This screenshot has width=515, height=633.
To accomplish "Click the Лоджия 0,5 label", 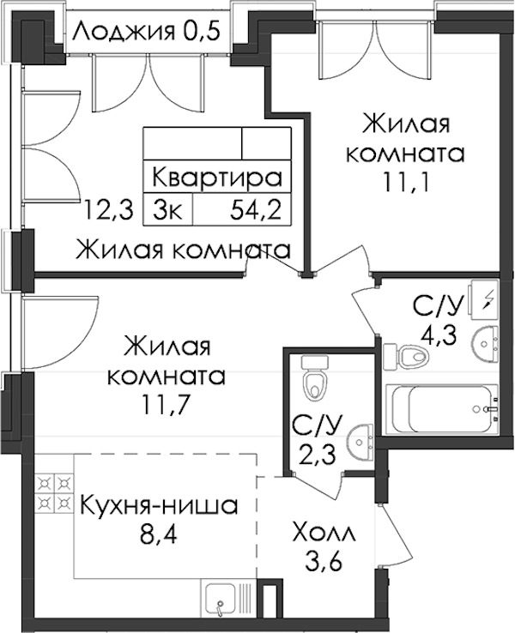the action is (x=147, y=32).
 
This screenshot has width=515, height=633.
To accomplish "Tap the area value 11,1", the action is (x=405, y=184).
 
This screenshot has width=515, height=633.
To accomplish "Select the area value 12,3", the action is (x=108, y=210).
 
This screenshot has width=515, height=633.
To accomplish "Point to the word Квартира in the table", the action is (x=217, y=178).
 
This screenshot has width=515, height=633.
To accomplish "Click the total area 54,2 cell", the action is (x=256, y=209).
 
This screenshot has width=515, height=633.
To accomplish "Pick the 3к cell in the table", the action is (x=168, y=209).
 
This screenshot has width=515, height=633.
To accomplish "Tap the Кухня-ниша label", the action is (x=159, y=505).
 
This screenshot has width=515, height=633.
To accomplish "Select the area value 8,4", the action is (x=158, y=535).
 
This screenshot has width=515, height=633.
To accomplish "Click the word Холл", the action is (x=324, y=533).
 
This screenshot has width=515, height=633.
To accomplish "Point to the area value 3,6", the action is (x=324, y=562).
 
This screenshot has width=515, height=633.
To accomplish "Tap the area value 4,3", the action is (x=438, y=334).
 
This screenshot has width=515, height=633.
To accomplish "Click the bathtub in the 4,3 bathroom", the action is (x=442, y=409).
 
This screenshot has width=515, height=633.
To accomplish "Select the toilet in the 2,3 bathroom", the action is (x=315, y=377).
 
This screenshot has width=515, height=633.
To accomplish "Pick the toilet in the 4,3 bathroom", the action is (x=406, y=356).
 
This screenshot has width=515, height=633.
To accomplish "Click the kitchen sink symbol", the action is (x=221, y=599).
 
